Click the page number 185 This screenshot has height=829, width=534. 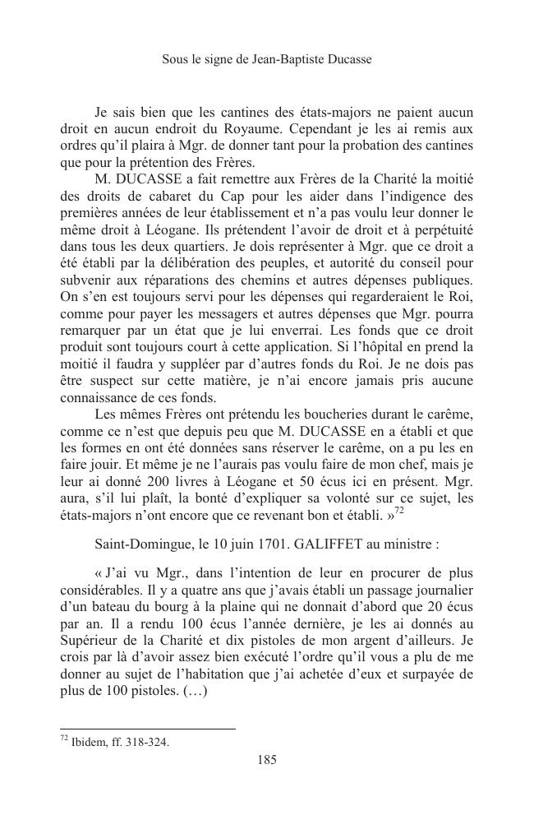[x=266, y=760]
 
